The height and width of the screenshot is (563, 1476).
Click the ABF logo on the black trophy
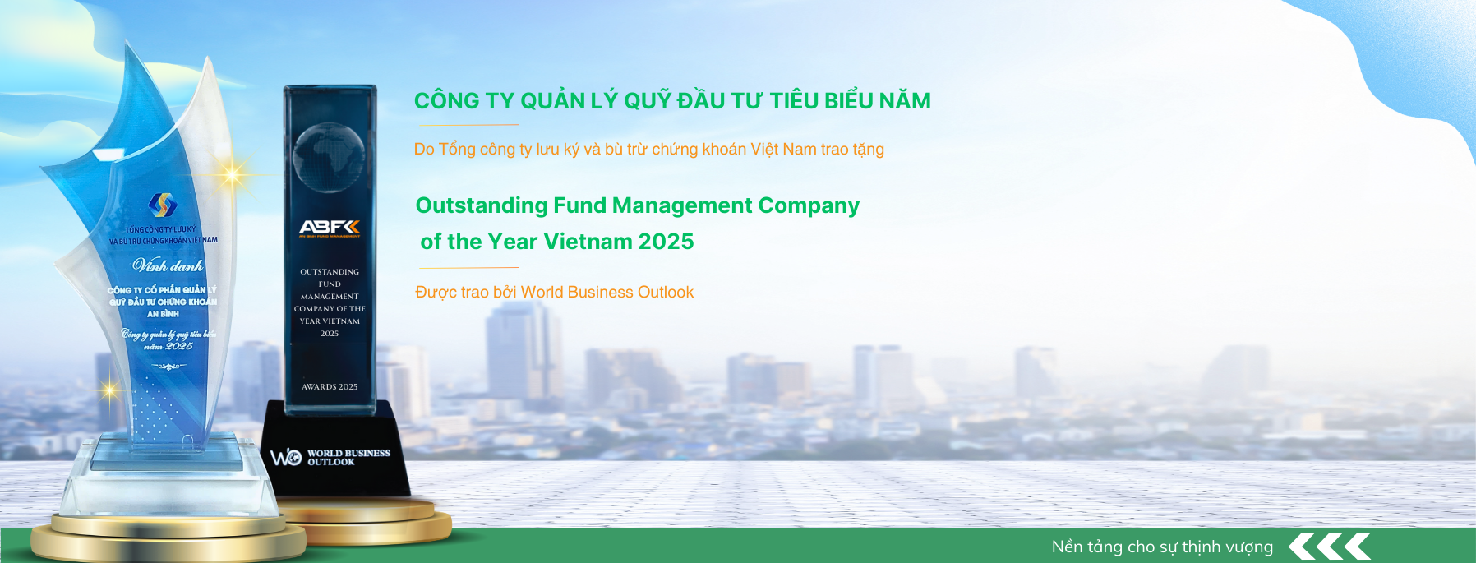330,227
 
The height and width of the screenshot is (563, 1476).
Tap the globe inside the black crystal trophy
329,156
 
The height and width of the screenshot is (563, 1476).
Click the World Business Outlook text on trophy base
348,457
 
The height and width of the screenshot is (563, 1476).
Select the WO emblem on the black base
286,457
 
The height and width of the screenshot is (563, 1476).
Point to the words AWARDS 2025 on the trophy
330,386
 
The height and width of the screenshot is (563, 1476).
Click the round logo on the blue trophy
163,205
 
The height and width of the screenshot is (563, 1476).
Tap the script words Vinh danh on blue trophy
168,265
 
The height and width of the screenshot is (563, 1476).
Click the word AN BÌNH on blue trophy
163,314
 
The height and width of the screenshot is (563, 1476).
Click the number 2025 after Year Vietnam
666,242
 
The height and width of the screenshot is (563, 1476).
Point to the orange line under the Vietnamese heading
468,125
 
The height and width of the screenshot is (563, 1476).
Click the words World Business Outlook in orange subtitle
607,293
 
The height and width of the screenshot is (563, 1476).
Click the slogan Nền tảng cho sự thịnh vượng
1162,547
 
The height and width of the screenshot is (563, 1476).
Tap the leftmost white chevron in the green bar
1302,547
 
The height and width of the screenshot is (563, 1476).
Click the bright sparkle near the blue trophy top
233,174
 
